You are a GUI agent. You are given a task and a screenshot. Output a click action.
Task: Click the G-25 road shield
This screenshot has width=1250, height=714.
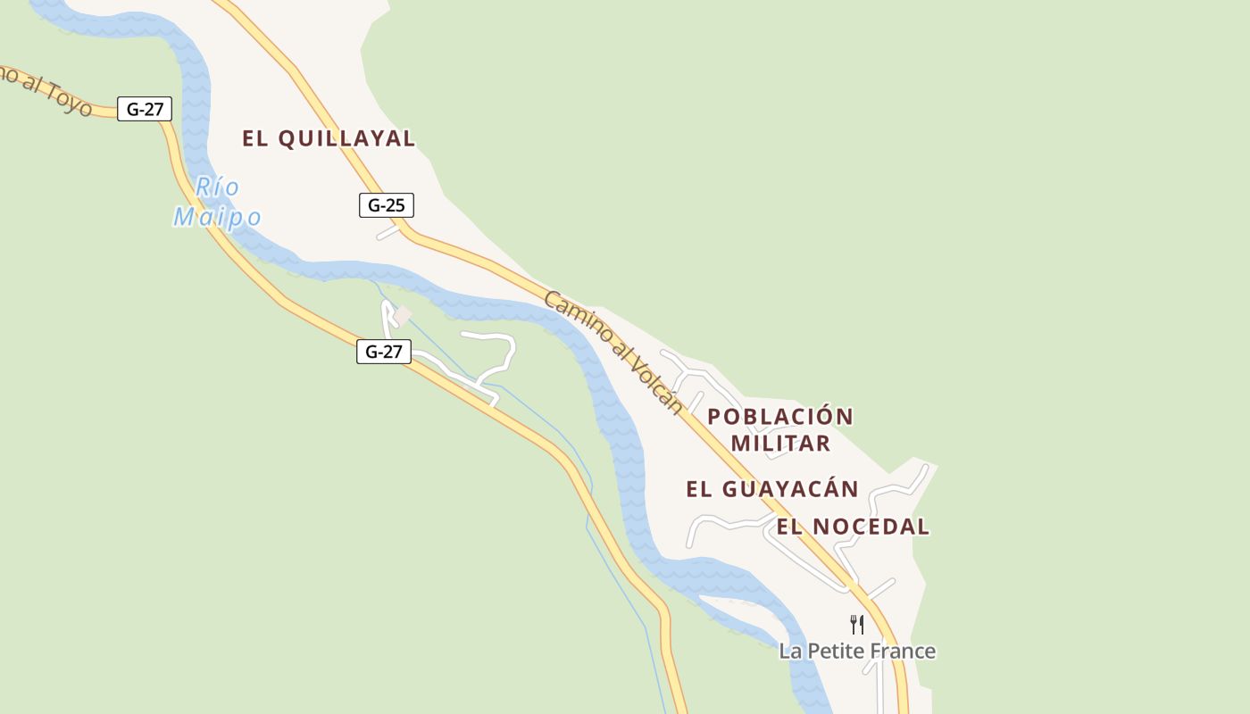[x=386, y=205]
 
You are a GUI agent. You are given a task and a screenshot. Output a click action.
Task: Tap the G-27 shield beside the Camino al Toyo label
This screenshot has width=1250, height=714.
[x=145, y=110]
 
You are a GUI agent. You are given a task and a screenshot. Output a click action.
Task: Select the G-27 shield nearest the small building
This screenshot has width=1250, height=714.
[x=384, y=352]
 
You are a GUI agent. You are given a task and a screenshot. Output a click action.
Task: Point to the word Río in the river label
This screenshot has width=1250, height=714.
[x=217, y=187]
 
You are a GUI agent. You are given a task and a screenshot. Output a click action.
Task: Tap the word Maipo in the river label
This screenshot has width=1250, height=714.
[x=217, y=217]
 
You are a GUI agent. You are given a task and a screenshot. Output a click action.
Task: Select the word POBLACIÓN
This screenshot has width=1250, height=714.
[x=780, y=417]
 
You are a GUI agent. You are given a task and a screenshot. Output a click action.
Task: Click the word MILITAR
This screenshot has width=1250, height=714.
[x=780, y=444]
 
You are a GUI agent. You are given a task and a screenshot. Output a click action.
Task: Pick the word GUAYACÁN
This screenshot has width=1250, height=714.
[x=789, y=489]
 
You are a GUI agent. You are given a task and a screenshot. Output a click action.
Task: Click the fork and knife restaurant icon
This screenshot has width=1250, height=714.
[x=857, y=624]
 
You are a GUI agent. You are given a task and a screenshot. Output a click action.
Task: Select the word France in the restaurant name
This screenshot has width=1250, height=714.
[x=904, y=651]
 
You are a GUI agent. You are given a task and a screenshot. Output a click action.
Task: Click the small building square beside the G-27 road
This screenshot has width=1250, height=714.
[x=403, y=316]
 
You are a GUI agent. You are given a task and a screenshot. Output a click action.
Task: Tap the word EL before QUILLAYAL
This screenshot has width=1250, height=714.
[x=255, y=138]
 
